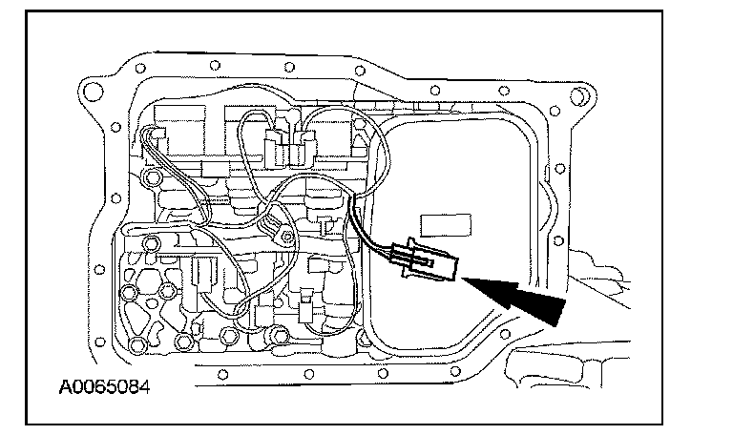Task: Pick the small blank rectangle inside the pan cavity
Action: tap(445, 225)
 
